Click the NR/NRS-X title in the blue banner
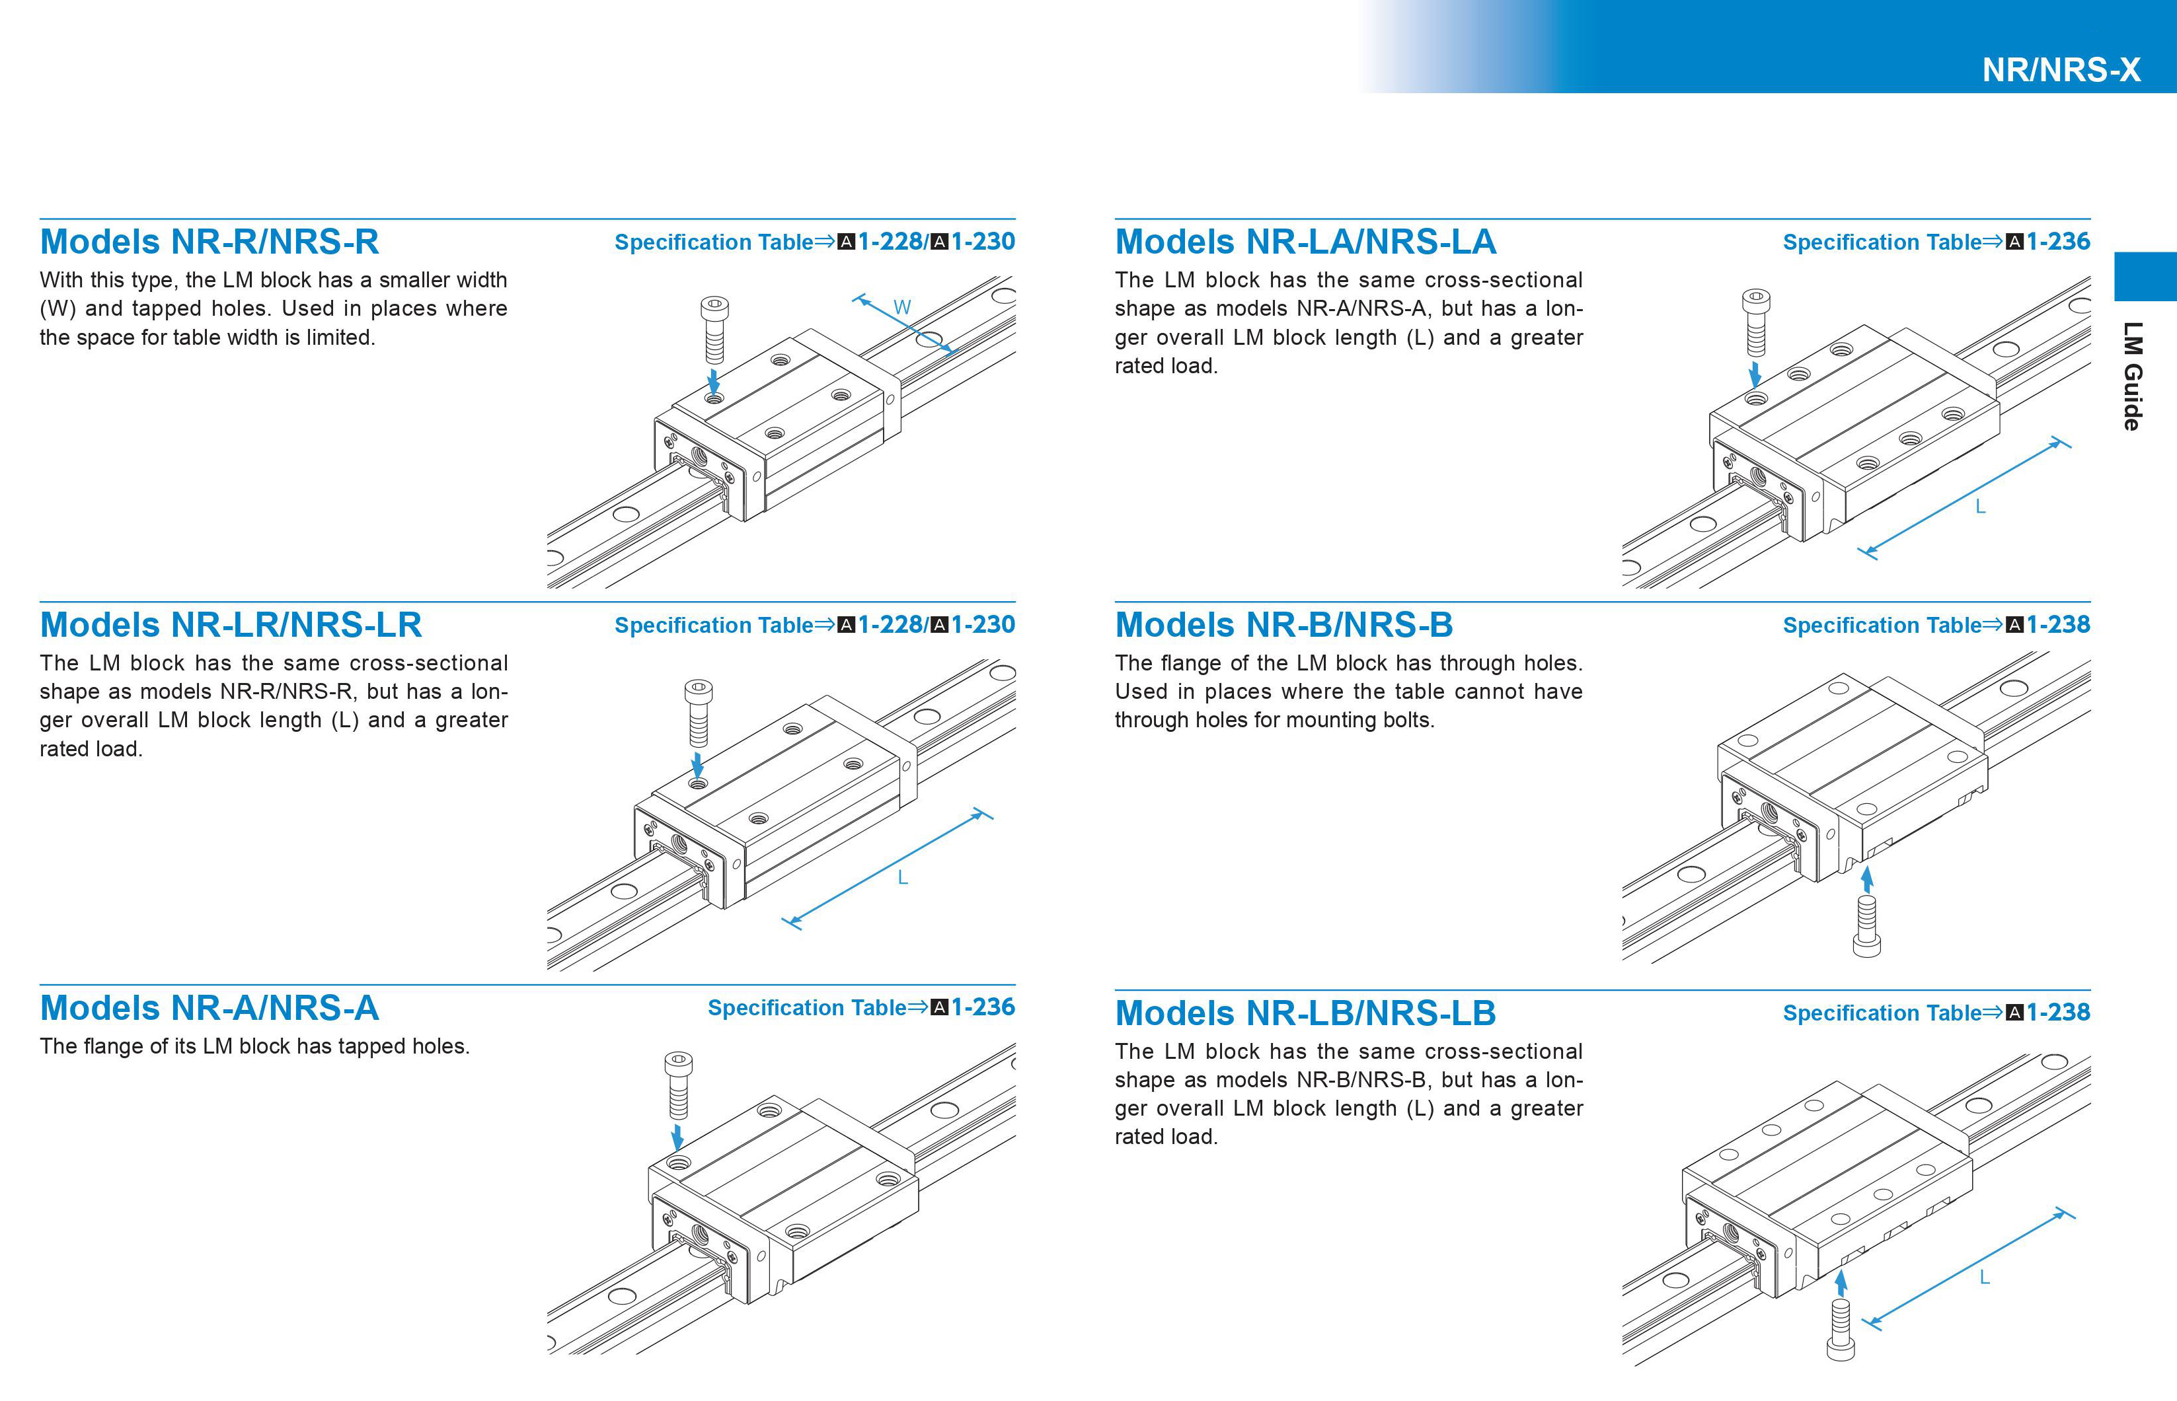click(2061, 70)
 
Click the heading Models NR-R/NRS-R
click(210, 242)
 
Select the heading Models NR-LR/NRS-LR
click(230, 625)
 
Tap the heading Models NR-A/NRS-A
click(210, 1008)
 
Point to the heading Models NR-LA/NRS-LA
click(1305, 242)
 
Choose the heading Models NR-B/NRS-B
click(1283, 625)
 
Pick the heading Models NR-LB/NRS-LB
click(1305, 1013)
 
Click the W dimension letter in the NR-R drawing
click(902, 308)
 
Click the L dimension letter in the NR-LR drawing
click(902, 878)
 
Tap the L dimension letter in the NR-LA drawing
click(1979, 507)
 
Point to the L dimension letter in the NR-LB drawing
click(1984, 1277)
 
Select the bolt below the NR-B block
click(1866, 925)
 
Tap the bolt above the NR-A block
click(678, 1085)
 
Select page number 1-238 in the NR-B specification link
click(2058, 625)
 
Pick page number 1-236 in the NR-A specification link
click(983, 1007)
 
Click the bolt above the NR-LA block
click(1755, 322)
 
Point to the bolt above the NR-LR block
click(698, 712)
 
